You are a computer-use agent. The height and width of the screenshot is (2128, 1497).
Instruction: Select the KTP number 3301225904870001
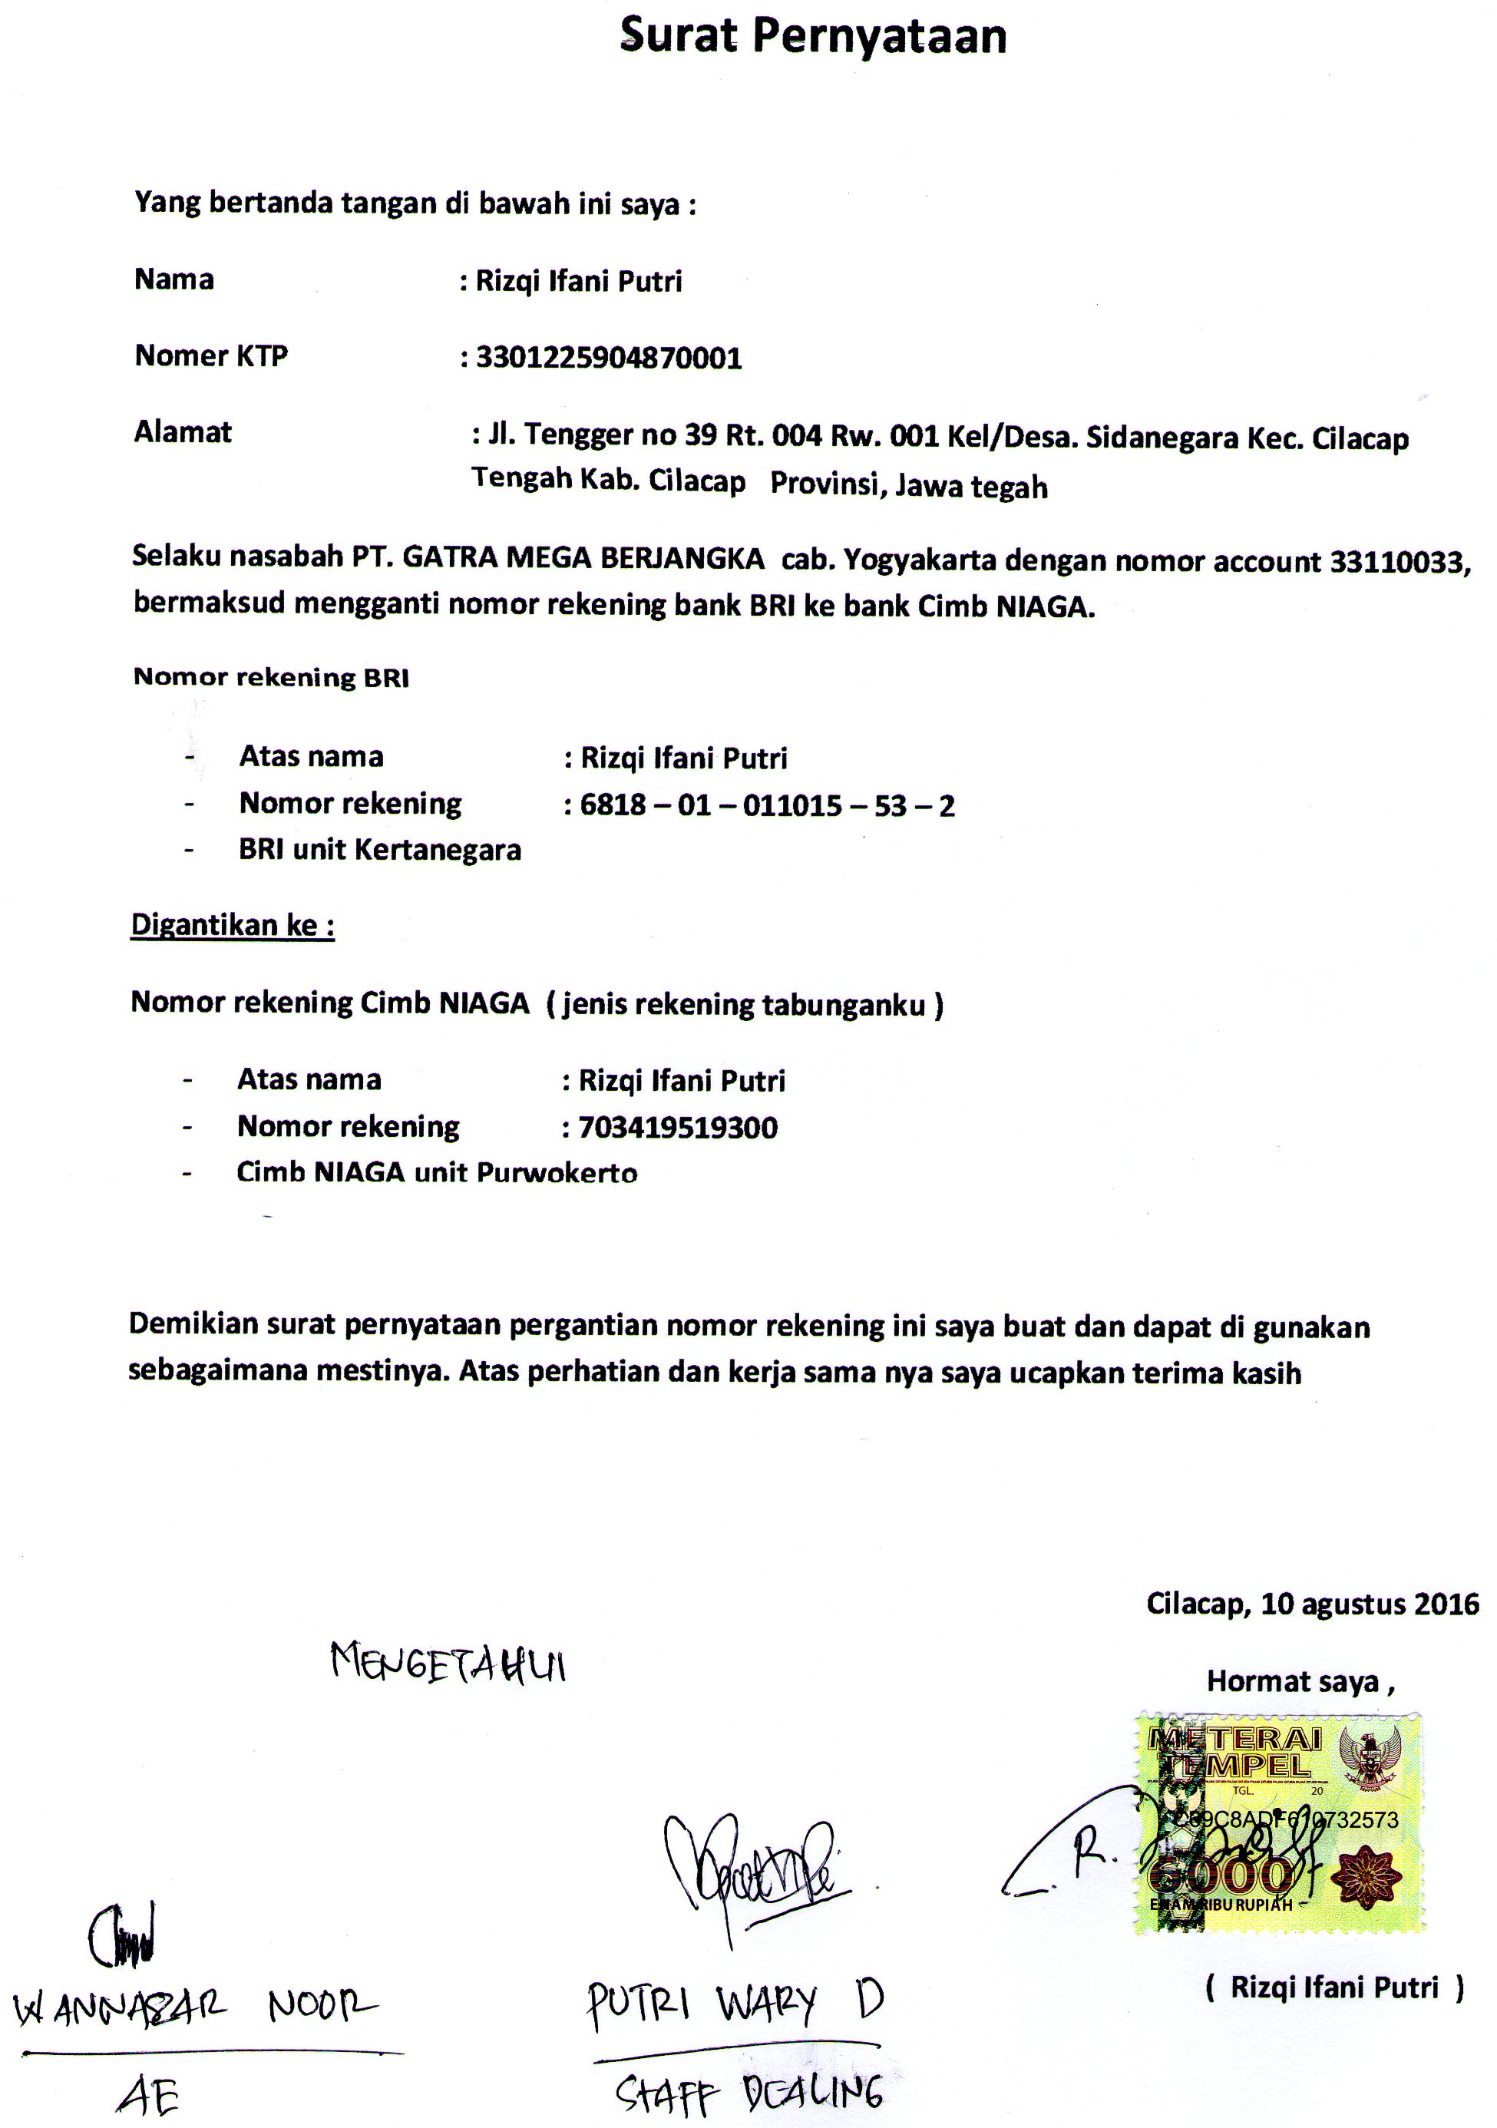tap(609, 358)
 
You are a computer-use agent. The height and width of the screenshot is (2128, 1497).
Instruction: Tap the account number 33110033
tap(1398, 562)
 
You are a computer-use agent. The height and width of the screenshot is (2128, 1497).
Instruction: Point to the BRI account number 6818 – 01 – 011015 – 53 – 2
tap(768, 805)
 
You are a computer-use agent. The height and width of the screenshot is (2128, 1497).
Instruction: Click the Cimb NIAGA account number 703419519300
tap(678, 1128)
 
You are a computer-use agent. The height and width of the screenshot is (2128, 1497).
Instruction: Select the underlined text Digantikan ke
tap(232, 925)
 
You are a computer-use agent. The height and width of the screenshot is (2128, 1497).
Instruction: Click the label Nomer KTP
tap(211, 356)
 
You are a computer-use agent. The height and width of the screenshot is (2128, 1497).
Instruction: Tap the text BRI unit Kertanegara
tap(380, 850)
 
